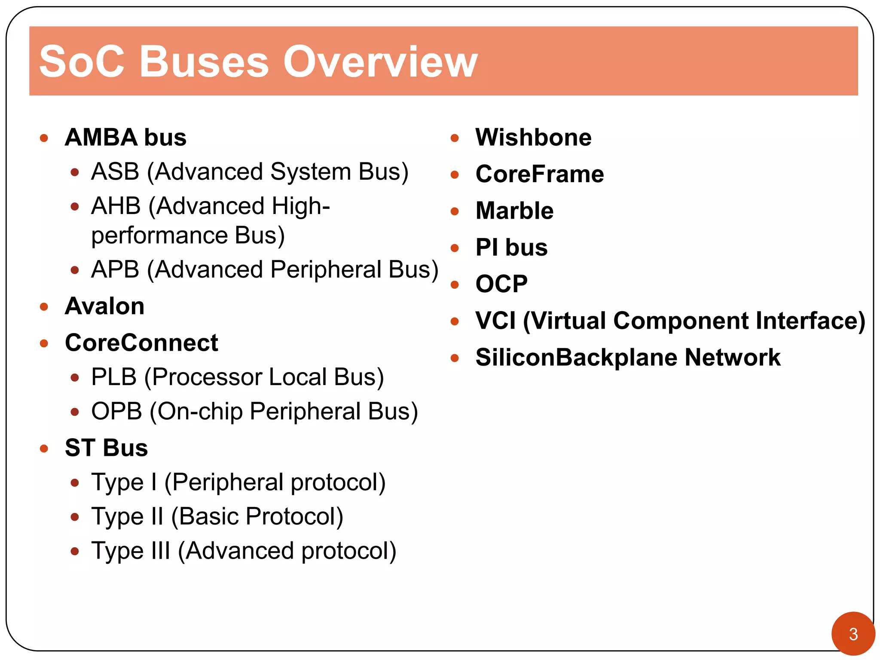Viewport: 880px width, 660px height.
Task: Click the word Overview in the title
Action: [380, 62]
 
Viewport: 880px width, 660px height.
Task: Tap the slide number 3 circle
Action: [853, 634]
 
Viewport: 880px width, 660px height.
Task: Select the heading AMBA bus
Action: [125, 137]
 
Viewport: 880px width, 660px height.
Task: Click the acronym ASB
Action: [115, 172]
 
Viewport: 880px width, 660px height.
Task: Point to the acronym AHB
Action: [116, 206]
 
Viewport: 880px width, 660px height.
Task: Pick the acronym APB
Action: [115, 270]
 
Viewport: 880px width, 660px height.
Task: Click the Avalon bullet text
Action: [104, 306]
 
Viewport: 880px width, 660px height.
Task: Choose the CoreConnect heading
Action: [141, 343]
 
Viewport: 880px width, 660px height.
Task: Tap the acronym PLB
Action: [114, 377]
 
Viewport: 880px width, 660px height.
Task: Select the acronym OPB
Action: [116, 412]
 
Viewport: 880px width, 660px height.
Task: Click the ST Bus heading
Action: [106, 448]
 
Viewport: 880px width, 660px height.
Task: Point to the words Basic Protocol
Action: [260, 516]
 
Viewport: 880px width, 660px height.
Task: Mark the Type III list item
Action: [243, 551]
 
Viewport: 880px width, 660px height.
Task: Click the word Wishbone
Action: [533, 137]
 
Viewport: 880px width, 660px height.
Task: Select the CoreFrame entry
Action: [540, 174]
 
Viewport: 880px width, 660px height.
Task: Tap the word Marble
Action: [514, 211]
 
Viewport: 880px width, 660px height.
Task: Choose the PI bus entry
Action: [511, 247]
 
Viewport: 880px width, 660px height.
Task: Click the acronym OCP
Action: [501, 284]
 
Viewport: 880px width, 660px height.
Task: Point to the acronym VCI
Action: [495, 321]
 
